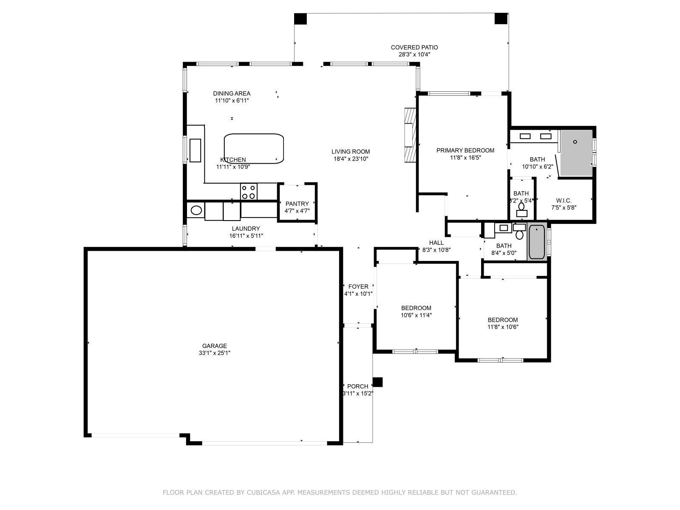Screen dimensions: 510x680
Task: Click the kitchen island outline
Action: pyautogui.click(x=254, y=148)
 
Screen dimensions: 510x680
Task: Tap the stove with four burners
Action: pyautogui.click(x=249, y=192)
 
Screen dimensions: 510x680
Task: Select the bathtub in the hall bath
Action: pyautogui.click(x=537, y=242)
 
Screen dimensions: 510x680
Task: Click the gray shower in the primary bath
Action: pyautogui.click(x=576, y=153)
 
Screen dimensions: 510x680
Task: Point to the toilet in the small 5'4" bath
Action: pyautogui.click(x=521, y=207)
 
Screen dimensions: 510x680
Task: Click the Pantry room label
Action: pyautogui.click(x=297, y=204)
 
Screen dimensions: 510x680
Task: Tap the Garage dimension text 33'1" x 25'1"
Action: pyautogui.click(x=215, y=353)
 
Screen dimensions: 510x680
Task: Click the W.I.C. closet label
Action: pyautogui.click(x=564, y=201)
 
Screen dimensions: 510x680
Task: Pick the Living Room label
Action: pyautogui.click(x=351, y=151)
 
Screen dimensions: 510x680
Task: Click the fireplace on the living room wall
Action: pyautogui.click(x=410, y=134)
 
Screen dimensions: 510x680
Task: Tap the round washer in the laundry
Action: pyautogui.click(x=196, y=210)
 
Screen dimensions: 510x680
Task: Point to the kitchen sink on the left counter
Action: pyautogui.click(x=195, y=150)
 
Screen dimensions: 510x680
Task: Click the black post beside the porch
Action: pyautogui.click(x=377, y=382)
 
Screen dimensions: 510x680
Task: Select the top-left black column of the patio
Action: pyautogui.click(x=300, y=19)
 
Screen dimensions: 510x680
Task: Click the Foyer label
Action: pyautogui.click(x=358, y=286)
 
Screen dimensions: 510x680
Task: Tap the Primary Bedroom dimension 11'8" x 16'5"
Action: pyautogui.click(x=465, y=158)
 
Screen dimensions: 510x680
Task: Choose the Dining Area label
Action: pyautogui.click(x=232, y=93)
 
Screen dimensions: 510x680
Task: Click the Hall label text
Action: pyautogui.click(x=436, y=243)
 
